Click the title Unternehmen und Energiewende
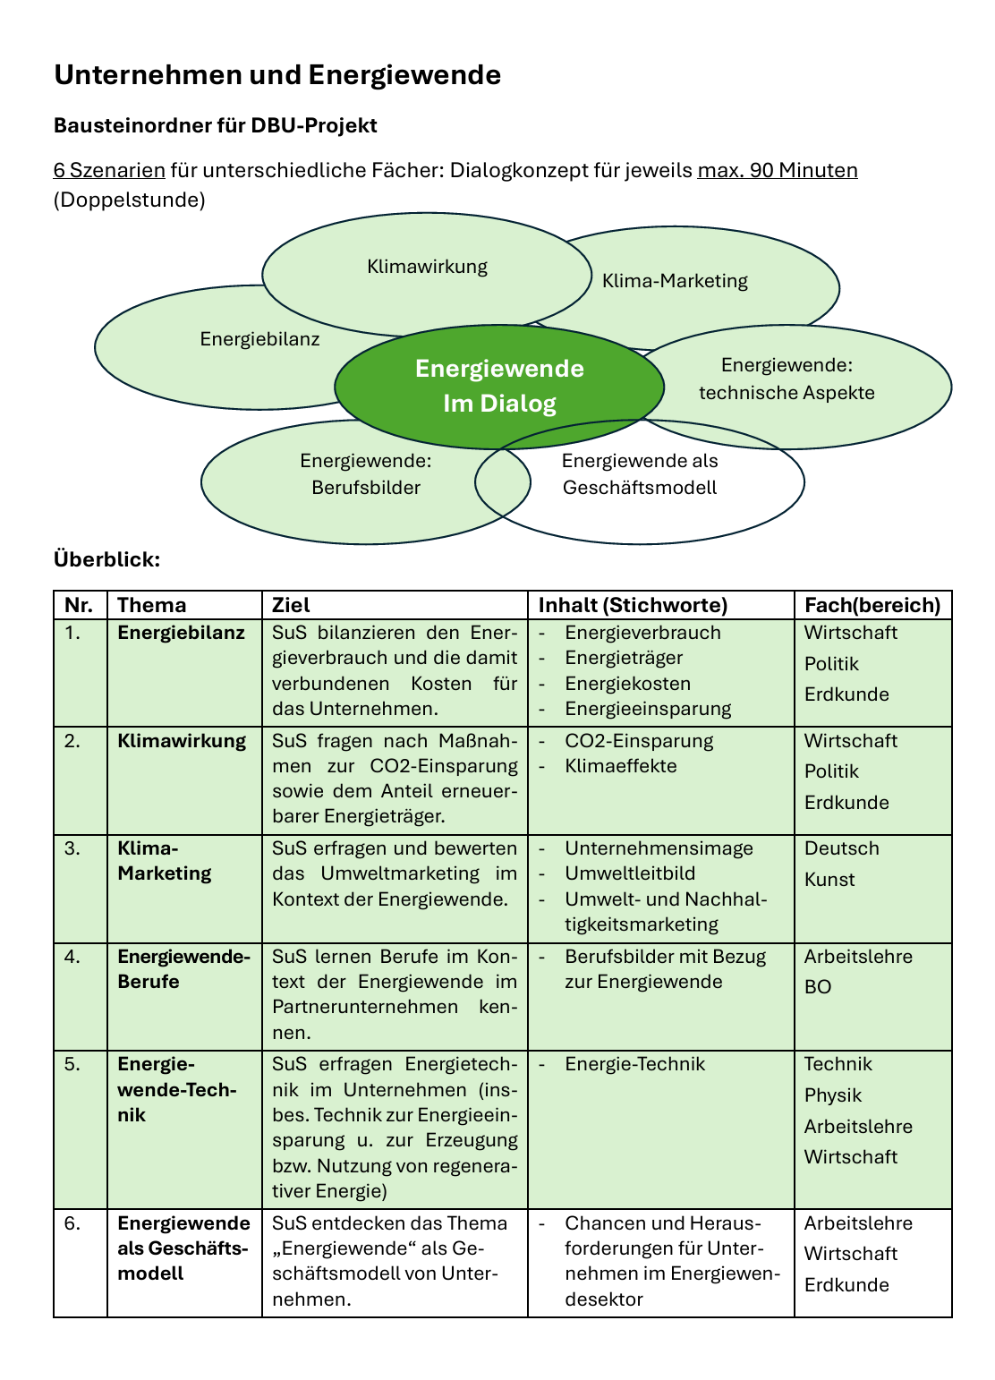(277, 75)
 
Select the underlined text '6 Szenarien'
(109, 170)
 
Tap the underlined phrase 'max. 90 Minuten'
(777, 170)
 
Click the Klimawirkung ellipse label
(427, 267)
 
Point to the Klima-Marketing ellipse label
(675, 281)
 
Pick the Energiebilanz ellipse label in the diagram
(259, 339)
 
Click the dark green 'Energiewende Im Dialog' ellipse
(499, 387)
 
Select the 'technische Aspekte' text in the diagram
(787, 393)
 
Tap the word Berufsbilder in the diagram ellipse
(366, 488)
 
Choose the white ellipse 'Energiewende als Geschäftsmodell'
(640, 474)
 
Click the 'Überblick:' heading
(107, 560)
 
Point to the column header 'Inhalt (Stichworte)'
(633, 606)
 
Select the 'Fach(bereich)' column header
(872, 606)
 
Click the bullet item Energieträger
(624, 659)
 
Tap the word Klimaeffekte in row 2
(621, 767)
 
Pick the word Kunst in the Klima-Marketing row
(829, 880)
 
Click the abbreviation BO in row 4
(818, 987)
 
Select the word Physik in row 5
(833, 1095)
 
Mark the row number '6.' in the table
(72, 1223)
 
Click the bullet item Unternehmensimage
(659, 848)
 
